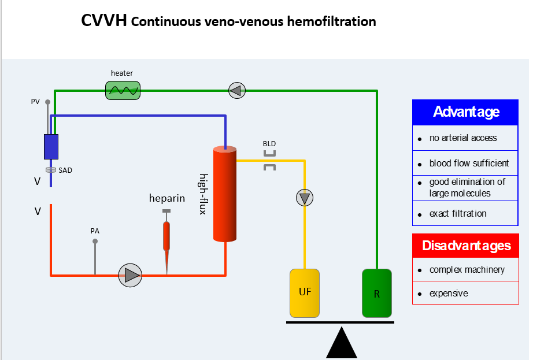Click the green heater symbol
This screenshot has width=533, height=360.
[123, 90]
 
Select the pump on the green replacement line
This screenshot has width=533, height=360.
[237, 90]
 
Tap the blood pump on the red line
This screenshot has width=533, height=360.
[130, 275]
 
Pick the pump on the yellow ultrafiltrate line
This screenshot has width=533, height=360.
[305, 198]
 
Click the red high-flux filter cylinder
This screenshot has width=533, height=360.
[225, 194]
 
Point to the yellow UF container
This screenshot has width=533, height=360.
[305, 293]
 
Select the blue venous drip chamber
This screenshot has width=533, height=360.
[51, 146]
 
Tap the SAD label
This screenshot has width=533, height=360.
[65, 170]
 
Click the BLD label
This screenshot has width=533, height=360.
[269, 143]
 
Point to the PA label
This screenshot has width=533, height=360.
[95, 231]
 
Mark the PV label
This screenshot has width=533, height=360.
[35, 102]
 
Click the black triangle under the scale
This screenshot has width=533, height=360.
[342, 344]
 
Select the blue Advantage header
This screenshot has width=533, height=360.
[465, 112]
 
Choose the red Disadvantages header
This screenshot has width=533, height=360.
[465, 246]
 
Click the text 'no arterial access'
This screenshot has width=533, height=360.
[462, 138]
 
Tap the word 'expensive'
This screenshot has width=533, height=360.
[449, 294]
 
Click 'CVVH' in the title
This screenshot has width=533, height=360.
[104, 21]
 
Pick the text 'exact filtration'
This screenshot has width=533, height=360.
[458, 214]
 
